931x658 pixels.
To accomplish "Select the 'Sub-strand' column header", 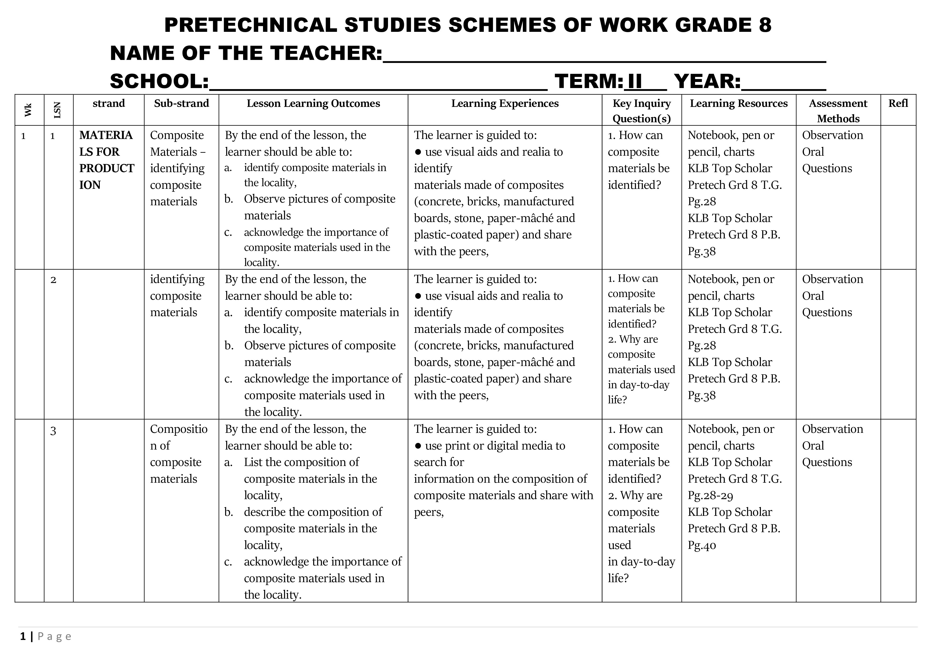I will click(x=181, y=103).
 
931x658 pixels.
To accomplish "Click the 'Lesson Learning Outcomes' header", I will click(x=313, y=103).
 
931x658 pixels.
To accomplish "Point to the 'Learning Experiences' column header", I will click(x=505, y=103).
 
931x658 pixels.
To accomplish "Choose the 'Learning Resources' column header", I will click(x=738, y=103).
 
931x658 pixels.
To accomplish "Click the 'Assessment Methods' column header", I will click(x=838, y=111).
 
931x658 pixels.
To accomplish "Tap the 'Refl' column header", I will click(x=898, y=103).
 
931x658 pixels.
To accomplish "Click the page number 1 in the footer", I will click(x=23, y=637).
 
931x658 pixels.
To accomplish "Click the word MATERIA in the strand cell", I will click(x=106, y=135).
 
